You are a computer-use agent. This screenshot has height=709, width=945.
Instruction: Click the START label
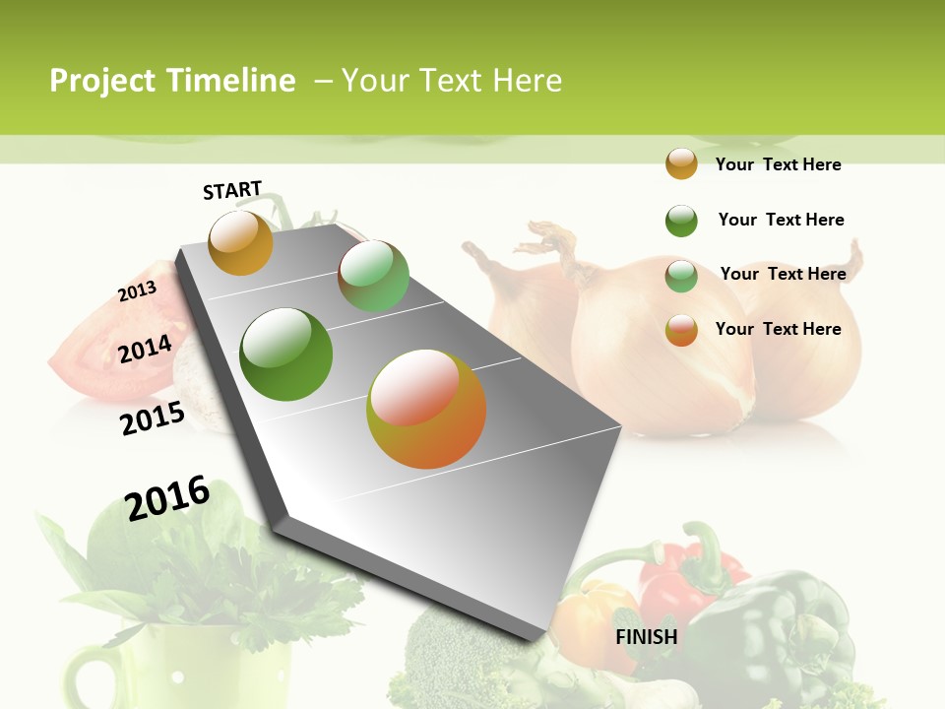click(232, 190)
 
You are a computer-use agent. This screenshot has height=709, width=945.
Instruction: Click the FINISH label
click(647, 637)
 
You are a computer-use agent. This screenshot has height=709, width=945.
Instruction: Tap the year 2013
click(137, 291)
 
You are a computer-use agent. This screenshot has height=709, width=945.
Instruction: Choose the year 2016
click(167, 498)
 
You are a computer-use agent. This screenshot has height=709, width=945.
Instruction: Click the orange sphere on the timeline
click(241, 242)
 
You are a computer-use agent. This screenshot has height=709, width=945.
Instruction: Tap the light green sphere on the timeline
click(373, 276)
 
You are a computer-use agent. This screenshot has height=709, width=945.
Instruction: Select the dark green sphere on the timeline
click(286, 354)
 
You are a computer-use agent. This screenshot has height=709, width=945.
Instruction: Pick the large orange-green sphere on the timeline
click(426, 409)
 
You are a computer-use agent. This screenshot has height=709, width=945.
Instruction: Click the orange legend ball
click(681, 164)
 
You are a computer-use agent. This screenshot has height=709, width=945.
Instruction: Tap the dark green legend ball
click(681, 221)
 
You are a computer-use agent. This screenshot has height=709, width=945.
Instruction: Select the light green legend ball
click(681, 276)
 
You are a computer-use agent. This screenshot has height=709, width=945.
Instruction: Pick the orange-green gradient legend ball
click(681, 330)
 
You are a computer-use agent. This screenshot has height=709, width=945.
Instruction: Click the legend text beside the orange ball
click(778, 164)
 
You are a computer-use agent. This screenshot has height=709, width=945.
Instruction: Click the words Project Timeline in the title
click(172, 81)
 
